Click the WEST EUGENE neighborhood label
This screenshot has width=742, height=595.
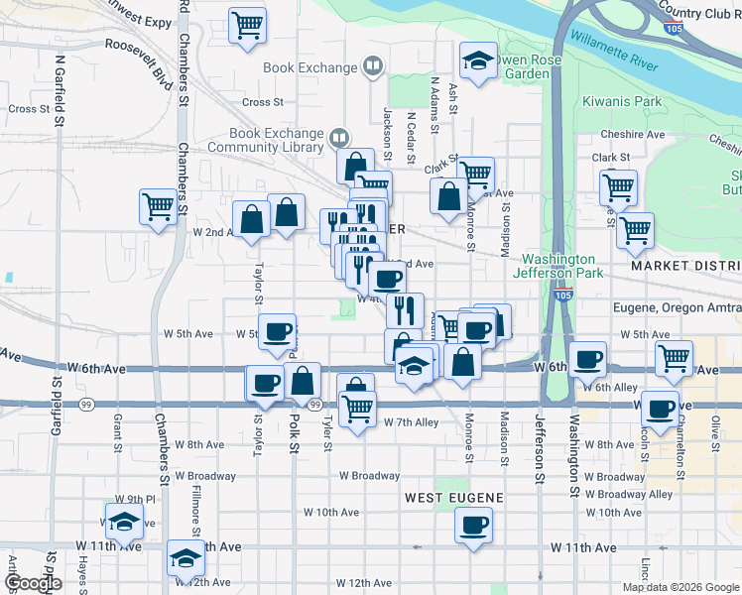click(454, 496)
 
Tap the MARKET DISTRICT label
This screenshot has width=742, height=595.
click(685, 267)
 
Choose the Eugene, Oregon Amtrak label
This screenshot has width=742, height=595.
click(677, 307)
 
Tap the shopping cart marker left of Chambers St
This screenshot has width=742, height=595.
click(158, 207)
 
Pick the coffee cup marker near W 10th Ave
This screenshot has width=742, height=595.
click(474, 524)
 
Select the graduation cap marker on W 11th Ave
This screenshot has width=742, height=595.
click(184, 559)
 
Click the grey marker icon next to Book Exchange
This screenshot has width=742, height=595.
click(372, 67)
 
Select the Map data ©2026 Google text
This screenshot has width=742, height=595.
click(680, 587)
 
